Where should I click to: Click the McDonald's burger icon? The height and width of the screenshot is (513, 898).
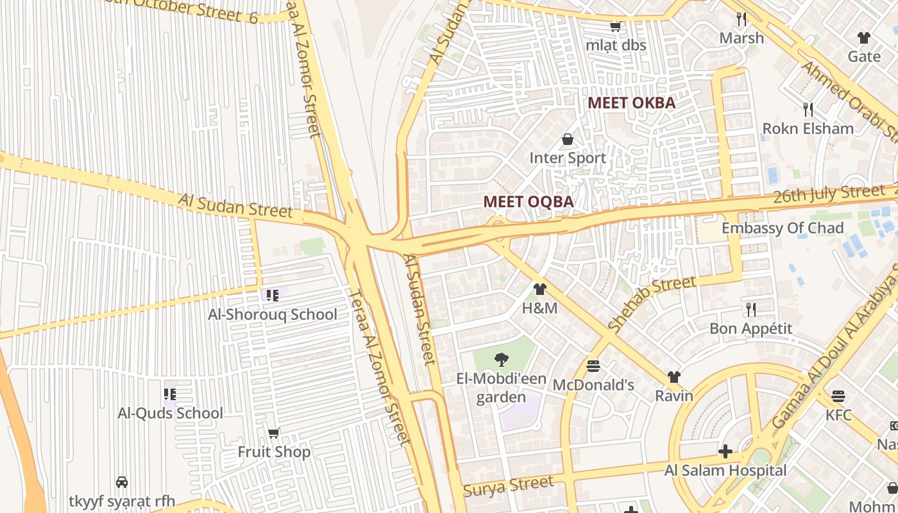[593, 366]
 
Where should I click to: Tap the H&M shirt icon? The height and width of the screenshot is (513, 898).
[539, 289]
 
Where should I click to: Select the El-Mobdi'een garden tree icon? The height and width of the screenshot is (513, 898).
[502, 360]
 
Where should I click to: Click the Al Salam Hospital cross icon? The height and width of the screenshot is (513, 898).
[725, 451]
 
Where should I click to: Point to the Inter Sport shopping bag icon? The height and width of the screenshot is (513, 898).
[568, 139]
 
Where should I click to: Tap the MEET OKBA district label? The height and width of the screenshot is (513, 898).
[631, 103]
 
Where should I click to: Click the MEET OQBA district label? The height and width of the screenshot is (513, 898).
[528, 201]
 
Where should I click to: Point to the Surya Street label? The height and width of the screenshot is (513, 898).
[508, 487]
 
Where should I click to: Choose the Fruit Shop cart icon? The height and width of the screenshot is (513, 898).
[274, 433]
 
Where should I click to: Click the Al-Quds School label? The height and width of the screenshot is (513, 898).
[170, 413]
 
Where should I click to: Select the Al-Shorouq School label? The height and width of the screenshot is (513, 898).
[272, 314]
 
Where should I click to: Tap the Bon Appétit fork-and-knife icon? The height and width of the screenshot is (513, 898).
[750, 310]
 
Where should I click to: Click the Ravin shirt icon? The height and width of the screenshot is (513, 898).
[673, 377]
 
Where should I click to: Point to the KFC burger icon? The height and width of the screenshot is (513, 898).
[838, 396]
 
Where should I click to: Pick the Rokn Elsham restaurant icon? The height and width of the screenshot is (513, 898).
[808, 110]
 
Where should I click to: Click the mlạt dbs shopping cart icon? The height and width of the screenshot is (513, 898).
[615, 27]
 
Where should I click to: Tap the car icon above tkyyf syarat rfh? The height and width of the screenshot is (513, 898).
[121, 482]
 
